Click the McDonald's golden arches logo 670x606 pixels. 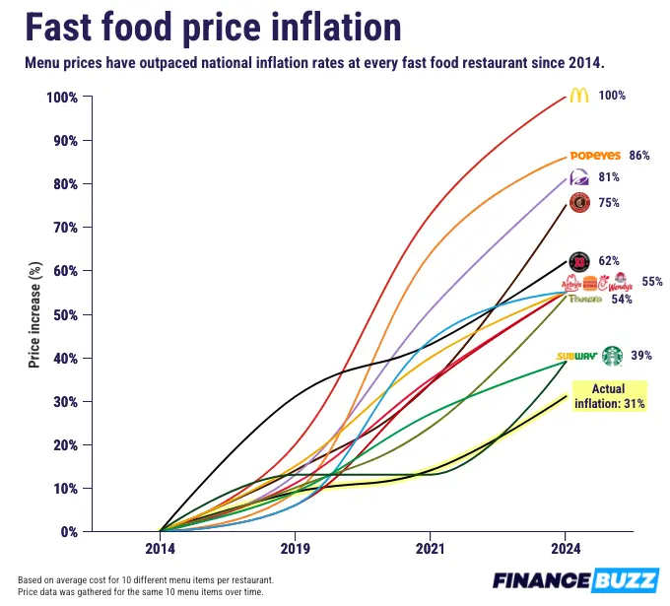[x=579, y=96]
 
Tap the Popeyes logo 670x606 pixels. [x=595, y=156]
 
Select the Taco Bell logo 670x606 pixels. [x=580, y=177]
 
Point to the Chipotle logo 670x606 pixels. [x=580, y=203]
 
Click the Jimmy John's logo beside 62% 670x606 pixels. [x=580, y=261]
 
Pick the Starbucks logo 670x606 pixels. [x=613, y=355]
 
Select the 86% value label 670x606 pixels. [x=639, y=156]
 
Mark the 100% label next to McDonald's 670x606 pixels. [x=612, y=96]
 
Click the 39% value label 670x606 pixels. [x=641, y=356]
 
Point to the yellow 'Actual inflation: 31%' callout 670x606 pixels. [x=609, y=396]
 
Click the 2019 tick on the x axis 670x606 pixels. [x=295, y=547]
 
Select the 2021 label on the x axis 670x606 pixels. [x=430, y=547]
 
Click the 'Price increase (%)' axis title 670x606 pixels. [x=33, y=314]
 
